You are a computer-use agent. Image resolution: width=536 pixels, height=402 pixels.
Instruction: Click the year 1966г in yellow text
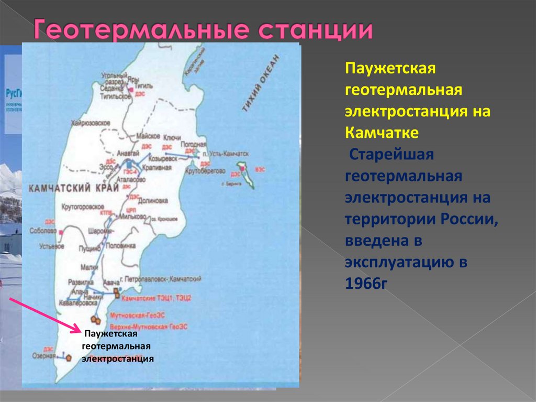click(366, 284)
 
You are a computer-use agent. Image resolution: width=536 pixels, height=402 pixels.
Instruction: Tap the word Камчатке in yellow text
click(382, 133)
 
